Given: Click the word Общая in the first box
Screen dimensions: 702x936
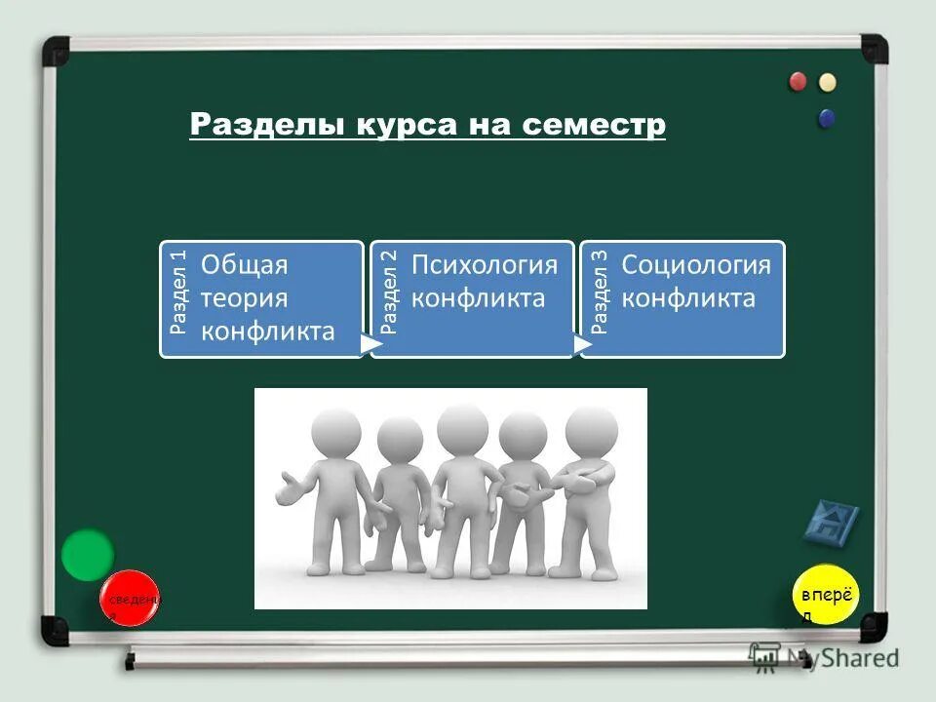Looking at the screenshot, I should click(244, 265).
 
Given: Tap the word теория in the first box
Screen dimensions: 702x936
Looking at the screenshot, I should click(244, 298).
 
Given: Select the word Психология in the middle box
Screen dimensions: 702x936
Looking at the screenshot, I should click(485, 265).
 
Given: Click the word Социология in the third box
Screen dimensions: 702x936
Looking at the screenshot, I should click(696, 265).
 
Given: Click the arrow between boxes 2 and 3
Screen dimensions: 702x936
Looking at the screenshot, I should click(582, 344).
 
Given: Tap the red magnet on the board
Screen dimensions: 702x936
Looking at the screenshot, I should click(799, 82).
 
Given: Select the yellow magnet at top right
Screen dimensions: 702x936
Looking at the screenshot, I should click(828, 82).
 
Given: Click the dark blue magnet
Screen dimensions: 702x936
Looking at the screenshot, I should click(827, 118).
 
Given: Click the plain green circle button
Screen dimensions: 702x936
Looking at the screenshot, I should click(88, 555).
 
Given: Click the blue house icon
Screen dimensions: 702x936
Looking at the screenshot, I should click(831, 524).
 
